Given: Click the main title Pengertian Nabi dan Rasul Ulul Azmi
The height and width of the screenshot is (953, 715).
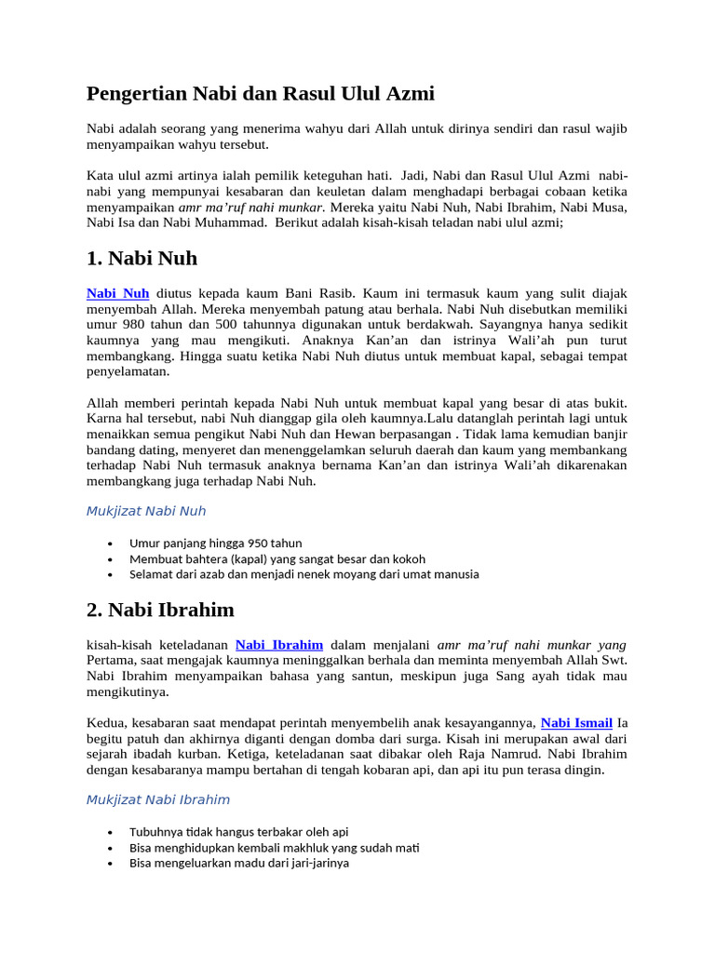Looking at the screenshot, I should click(x=261, y=94).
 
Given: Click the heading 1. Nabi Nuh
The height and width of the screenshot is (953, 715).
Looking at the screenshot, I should click(x=142, y=258).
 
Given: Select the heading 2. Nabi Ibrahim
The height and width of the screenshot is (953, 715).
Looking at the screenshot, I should click(x=160, y=611).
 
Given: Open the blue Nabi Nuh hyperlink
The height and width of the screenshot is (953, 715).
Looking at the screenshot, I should click(x=118, y=293).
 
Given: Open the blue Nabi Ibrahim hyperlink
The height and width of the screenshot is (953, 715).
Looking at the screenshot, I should click(x=279, y=644).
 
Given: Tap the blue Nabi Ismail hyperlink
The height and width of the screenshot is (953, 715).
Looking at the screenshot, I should click(x=576, y=722).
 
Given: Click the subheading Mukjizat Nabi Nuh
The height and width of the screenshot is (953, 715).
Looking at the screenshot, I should click(x=146, y=511).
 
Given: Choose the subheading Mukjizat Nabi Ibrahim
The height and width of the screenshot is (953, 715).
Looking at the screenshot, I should click(x=158, y=799).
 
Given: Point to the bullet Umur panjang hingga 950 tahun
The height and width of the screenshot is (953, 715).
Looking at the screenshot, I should click(x=215, y=544).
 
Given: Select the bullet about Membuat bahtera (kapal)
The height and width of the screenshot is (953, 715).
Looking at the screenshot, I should click(x=277, y=559).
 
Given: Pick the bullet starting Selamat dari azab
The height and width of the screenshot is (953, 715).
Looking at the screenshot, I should click(x=304, y=574).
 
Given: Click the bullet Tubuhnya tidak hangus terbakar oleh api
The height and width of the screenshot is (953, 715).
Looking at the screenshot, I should click(x=238, y=832).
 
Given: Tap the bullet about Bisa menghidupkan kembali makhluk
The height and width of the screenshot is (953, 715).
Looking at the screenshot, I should click(x=274, y=848).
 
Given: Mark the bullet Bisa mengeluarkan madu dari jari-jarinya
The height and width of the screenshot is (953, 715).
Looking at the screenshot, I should click(x=239, y=863).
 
